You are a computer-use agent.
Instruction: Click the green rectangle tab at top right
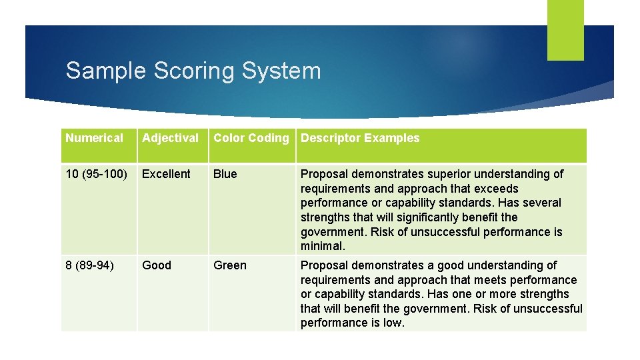(x=565, y=30)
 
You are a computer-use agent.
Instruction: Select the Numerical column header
(x=95, y=138)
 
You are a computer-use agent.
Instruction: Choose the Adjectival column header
(x=170, y=138)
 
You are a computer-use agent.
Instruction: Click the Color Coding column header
(x=251, y=138)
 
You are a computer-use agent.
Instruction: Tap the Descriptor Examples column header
(x=360, y=138)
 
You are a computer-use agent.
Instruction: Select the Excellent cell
(x=166, y=174)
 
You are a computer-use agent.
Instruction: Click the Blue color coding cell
(x=225, y=174)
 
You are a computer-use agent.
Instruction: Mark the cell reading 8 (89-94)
(x=90, y=265)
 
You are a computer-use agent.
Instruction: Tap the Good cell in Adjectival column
(x=157, y=265)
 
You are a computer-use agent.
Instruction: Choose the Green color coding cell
(x=229, y=265)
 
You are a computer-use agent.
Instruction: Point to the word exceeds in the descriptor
(x=496, y=189)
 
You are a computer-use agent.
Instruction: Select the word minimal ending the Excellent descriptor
(x=322, y=247)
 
